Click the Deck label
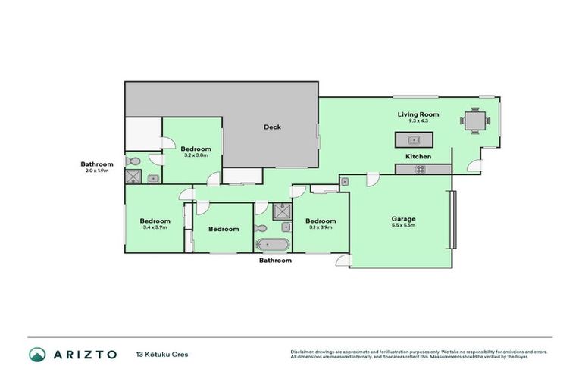click(272, 127)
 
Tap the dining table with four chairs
click(474, 120)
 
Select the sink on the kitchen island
click(413, 139)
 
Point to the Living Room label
click(419, 114)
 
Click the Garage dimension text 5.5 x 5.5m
click(403, 226)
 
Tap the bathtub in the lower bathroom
click(272, 245)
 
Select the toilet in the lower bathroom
click(261, 227)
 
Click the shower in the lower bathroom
click(281, 211)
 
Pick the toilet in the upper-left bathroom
click(133, 161)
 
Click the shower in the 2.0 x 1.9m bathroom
click(134, 177)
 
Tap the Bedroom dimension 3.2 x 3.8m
click(195, 155)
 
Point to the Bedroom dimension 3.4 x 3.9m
click(154, 227)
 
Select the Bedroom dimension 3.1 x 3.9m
click(321, 227)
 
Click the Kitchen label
click(418, 157)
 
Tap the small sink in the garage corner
click(344, 182)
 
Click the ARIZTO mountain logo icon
click(37, 354)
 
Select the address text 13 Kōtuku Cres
click(161, 354)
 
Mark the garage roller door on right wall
click(453, 220)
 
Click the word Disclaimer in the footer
click(304, 352)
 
